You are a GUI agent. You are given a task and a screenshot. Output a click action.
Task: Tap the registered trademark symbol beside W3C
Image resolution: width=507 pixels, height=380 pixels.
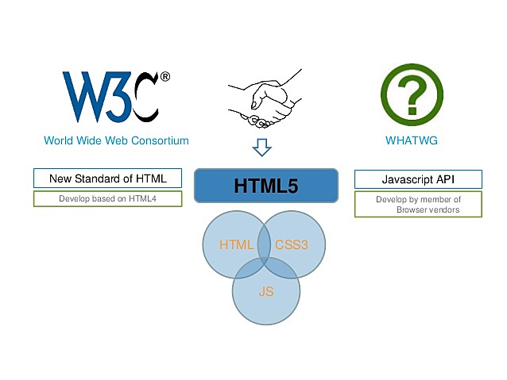pos(164,77)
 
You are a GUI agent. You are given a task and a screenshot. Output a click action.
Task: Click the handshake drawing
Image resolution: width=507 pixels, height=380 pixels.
pos(261,96)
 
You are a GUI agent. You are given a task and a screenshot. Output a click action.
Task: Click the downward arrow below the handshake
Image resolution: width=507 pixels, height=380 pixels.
pos(261,148)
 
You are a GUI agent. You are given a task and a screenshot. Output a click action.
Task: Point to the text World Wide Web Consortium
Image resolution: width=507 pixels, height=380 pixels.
pos(116,141)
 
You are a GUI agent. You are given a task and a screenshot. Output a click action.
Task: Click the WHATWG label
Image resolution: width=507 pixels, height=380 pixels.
pos(412,141)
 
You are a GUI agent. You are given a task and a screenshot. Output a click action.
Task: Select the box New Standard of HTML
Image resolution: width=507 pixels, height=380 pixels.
pos(108,178)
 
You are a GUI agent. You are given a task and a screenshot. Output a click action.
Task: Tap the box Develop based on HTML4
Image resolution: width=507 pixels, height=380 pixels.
pos(108,198)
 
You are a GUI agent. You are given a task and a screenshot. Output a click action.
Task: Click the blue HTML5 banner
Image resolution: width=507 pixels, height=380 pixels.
pos(266,186)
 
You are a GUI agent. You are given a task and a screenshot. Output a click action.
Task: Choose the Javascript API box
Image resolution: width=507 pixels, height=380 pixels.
pos(418,178)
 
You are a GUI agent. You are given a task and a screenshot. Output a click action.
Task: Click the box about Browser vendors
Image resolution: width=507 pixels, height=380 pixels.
pos(418,204)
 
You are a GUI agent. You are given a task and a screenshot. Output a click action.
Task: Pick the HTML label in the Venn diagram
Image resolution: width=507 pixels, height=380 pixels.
pos(236,245)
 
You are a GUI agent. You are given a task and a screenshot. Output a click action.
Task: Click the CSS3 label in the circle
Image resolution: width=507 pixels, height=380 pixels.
pos(291,245)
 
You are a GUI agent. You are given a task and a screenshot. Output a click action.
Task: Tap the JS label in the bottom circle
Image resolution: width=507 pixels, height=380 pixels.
pos(266,292)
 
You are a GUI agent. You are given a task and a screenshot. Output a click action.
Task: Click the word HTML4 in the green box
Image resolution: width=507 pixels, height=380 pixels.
pos(144,198)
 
